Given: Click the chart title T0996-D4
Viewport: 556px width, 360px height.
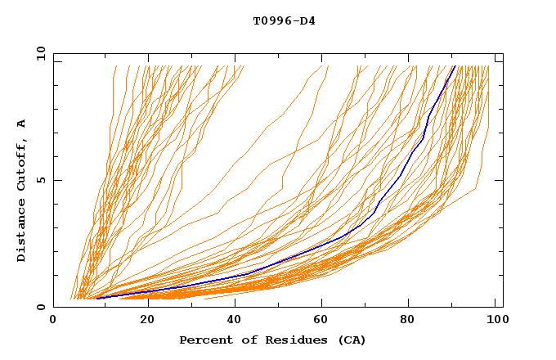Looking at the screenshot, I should pos(284,21).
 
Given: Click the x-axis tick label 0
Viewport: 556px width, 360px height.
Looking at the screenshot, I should pos(53,322).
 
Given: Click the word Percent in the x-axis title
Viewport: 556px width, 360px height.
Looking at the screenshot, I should pos(202,340).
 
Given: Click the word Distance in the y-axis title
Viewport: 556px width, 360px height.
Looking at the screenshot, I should pos(21,233).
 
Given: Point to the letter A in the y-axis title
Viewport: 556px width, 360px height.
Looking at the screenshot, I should pos(21,124).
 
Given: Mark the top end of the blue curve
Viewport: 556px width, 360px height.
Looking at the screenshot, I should pos(455,66).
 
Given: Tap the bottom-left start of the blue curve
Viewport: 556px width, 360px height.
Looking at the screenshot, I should pos(96,298).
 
